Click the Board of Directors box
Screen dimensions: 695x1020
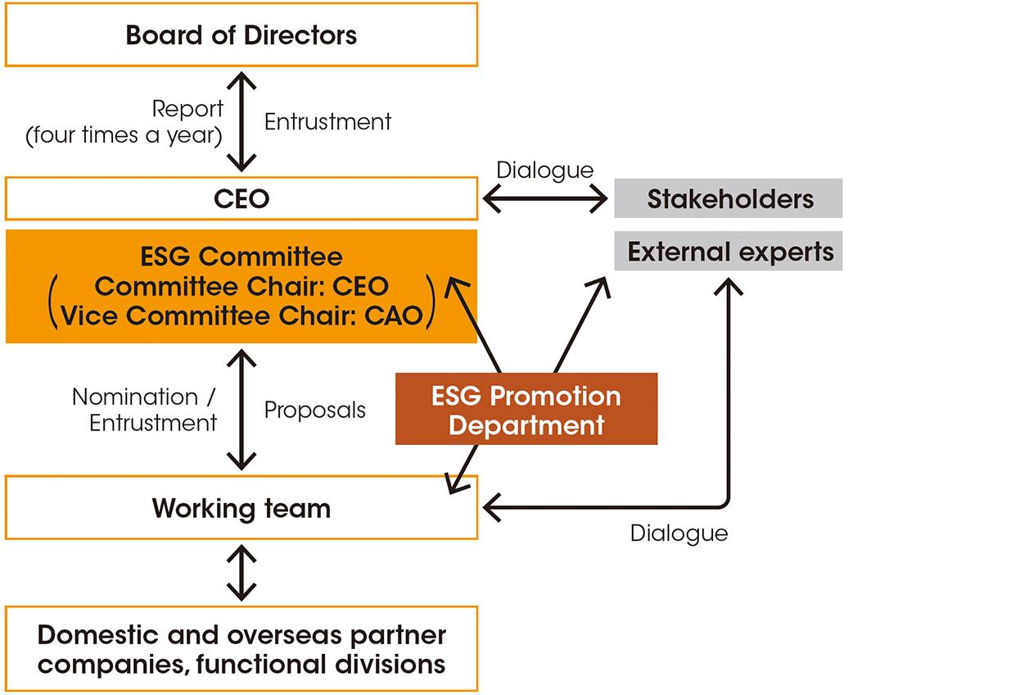(x=241, y=35)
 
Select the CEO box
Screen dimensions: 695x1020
(x=241, y=199)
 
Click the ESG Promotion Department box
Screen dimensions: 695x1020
(x=526, y=410)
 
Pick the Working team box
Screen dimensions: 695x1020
(x=241, y=508)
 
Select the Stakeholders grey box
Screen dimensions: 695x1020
(x=729, y=199)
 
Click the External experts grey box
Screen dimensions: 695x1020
(x=729, y=252)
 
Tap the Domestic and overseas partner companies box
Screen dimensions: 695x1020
(x=241, y=649)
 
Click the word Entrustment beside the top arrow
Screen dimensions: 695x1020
(x=327, y=122)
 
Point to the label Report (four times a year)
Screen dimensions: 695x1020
(x=124, y=122)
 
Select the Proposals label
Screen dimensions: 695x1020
(x=314, y=410)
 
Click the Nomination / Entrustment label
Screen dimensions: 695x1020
(x=144, y=410)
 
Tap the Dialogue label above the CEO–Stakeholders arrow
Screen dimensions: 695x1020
(x=544, y=170)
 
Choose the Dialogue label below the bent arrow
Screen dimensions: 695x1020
(x=679, y=534)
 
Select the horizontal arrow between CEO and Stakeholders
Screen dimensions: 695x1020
(x=545, y=198)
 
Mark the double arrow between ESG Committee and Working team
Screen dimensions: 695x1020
(x=241, y=408)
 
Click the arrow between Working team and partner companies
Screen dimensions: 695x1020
(x=241, y=573)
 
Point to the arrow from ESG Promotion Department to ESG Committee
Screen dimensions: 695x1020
(x=475, y=324)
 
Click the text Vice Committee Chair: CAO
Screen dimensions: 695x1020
(x=241, y=316)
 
